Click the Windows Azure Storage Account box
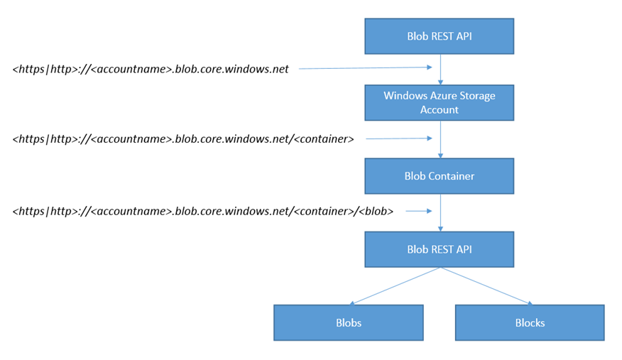tap(439, 103)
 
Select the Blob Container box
tap(439, 176)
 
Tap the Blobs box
tap(349, 323)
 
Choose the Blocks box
tap(530, 323)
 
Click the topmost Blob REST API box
tap(439, 36)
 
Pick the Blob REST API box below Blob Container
tap(439, 249)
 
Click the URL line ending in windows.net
tap(151, 69)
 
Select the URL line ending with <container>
tap(183, 139)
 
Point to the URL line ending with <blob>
tap(203, 212)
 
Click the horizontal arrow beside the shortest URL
tap(366, 67)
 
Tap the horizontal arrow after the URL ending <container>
tap(398, 138)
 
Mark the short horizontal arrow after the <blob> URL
tap(419, 211)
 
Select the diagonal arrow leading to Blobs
tap(395, 286)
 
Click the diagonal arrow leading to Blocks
tap(486, 286)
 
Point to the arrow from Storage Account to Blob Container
tap(440, 140)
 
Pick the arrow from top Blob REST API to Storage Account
tap(440, 70)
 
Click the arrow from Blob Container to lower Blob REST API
tap(440, 213)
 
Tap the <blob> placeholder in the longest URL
tap(376, 212)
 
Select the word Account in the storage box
tap(439, 110)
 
